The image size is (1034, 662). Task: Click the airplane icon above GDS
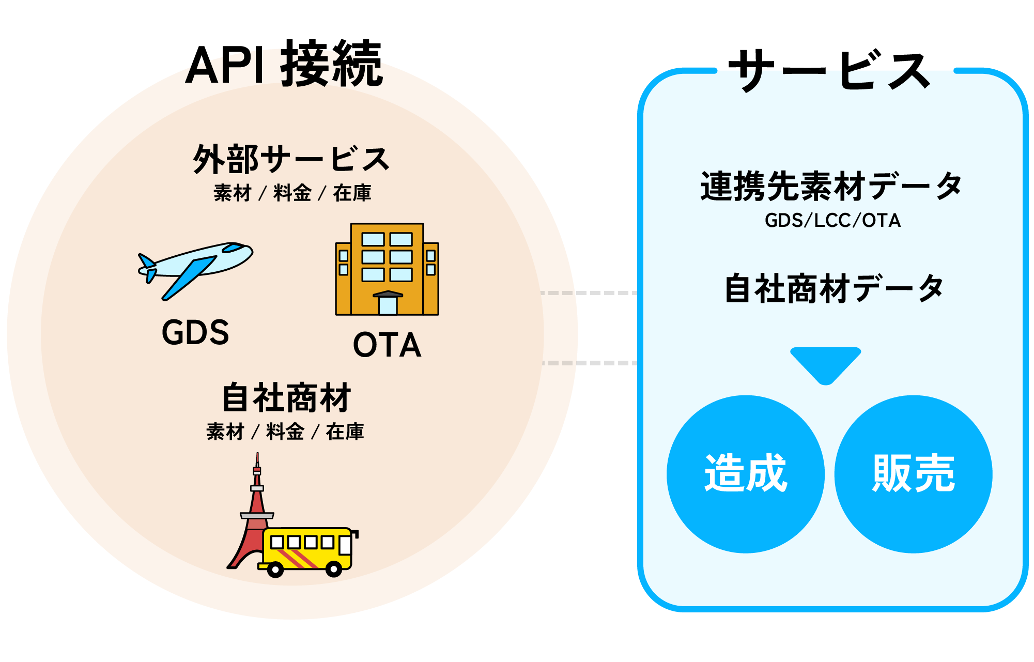[195, 269]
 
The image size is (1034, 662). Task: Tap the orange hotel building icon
[387, 269]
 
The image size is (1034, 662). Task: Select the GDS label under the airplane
[195, 332]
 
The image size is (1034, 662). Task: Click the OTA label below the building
[387, 345]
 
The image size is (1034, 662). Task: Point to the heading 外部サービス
[291, 159]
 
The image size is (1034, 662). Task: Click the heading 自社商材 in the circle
[286, 397]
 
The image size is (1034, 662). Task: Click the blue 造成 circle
[745, 474]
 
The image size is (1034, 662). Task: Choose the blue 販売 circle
[913, 474]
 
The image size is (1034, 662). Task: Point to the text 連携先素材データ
[831, 186]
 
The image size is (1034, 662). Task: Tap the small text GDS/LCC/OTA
[832, 221]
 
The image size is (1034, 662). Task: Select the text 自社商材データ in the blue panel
[834, 288]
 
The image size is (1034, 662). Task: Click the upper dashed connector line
[589, 293]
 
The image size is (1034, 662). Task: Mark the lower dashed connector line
[589, 363]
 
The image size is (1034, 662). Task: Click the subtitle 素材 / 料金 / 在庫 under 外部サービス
[292, 193]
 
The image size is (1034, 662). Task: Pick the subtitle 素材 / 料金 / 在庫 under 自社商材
[285, 432]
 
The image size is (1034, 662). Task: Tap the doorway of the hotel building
[388, 304]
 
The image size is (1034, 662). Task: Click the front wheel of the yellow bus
[333, 569]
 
